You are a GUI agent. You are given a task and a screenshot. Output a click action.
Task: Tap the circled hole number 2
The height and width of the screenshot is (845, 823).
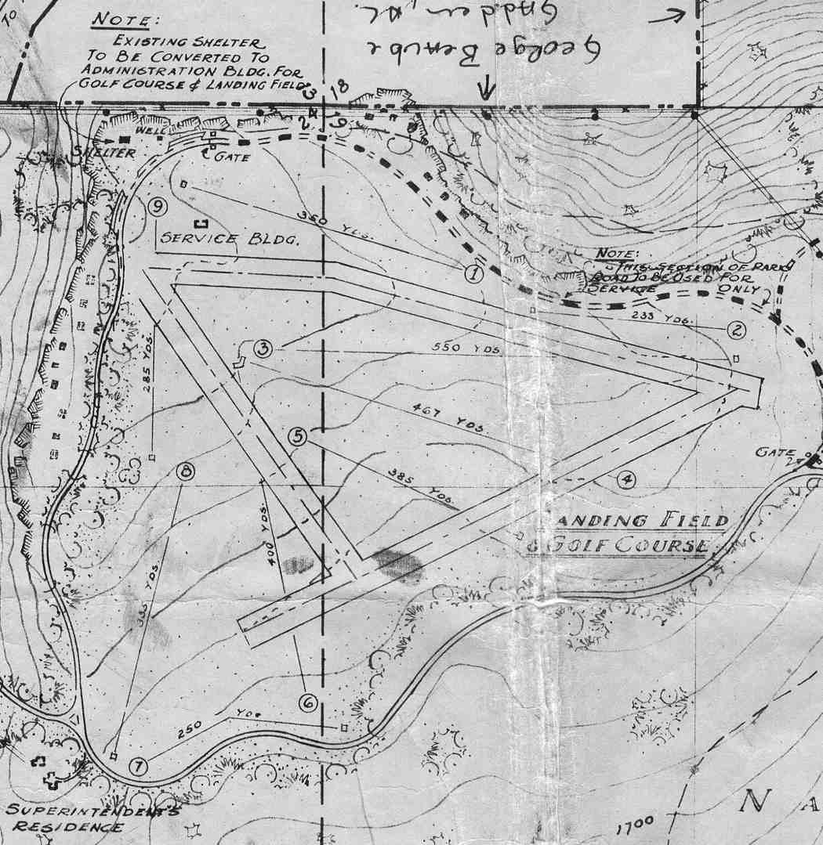(735, 330)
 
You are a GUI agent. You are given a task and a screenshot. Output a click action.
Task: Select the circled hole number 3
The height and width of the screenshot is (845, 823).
(263, 348)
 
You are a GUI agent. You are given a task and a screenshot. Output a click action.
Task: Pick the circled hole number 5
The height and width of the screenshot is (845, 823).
(297, 436)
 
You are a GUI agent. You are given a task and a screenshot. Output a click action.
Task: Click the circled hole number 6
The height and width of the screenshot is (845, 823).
(308, 702)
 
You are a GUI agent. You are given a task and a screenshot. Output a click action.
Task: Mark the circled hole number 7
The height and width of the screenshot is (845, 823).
(137, 766)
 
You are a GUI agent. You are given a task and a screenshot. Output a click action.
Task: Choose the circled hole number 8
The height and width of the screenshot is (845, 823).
(186, 471)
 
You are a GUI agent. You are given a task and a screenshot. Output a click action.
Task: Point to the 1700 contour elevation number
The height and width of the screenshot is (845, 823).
(634, 826)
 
